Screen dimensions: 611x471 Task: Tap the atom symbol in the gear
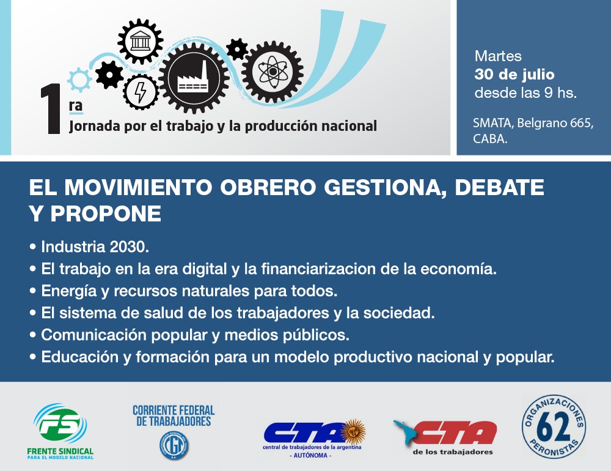coord(273,72)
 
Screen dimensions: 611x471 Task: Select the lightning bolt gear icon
coord(141,92)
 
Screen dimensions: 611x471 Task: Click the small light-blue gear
coord(79,80)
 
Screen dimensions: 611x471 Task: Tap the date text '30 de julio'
coord(514,74)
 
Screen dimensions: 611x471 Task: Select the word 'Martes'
coord(498,56)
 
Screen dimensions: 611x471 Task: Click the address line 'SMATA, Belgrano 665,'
coord(533,123)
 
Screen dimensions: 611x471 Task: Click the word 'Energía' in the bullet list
coord(68,292)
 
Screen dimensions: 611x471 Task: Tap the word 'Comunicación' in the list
coord(93,335)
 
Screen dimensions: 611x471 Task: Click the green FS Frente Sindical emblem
coord(60,423)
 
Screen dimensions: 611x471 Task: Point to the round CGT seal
coord(174,445)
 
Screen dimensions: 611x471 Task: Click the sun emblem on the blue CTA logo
coord(353,432)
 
